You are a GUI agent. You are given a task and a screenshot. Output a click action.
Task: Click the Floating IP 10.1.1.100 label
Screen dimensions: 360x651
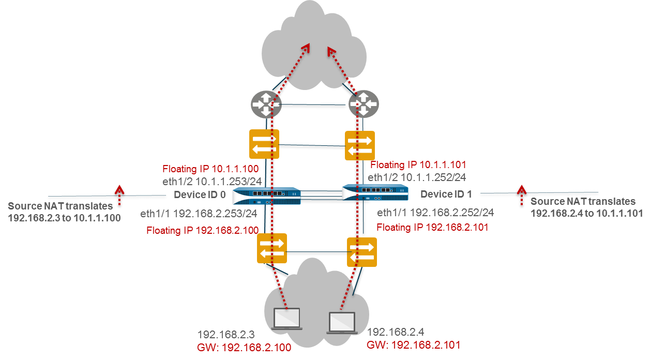pos(210,169)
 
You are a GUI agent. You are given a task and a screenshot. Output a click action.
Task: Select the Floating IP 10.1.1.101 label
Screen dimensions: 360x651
pos(419,165)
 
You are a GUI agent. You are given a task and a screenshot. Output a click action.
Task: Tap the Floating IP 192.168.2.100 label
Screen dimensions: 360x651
pos(199,230)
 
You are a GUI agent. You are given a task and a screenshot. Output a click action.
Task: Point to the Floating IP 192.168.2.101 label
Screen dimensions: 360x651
pos(432,227)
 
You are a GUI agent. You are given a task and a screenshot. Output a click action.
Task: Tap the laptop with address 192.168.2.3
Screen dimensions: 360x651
pos(287,318)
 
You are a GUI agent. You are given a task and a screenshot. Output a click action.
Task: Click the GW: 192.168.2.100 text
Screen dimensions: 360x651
pos(244,347)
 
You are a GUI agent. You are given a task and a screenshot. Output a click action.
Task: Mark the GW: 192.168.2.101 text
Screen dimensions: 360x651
pos(413,344)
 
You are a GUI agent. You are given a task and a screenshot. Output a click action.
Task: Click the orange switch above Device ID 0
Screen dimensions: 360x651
pos(264,144)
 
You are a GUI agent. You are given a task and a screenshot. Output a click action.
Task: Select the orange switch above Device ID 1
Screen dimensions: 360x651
pos(360,145)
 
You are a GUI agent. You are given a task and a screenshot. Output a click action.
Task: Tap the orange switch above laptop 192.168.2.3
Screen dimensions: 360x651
pos(272,248)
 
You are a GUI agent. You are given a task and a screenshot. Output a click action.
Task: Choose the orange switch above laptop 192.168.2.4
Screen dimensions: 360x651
pos(362,252)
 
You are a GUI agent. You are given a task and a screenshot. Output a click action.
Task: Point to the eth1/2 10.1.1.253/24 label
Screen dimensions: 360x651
pos(210,182)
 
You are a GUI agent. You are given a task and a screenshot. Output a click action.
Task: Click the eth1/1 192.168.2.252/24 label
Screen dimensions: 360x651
pos(435,213)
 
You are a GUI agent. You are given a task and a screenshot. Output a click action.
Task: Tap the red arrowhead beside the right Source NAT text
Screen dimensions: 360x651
pos(521,189)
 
